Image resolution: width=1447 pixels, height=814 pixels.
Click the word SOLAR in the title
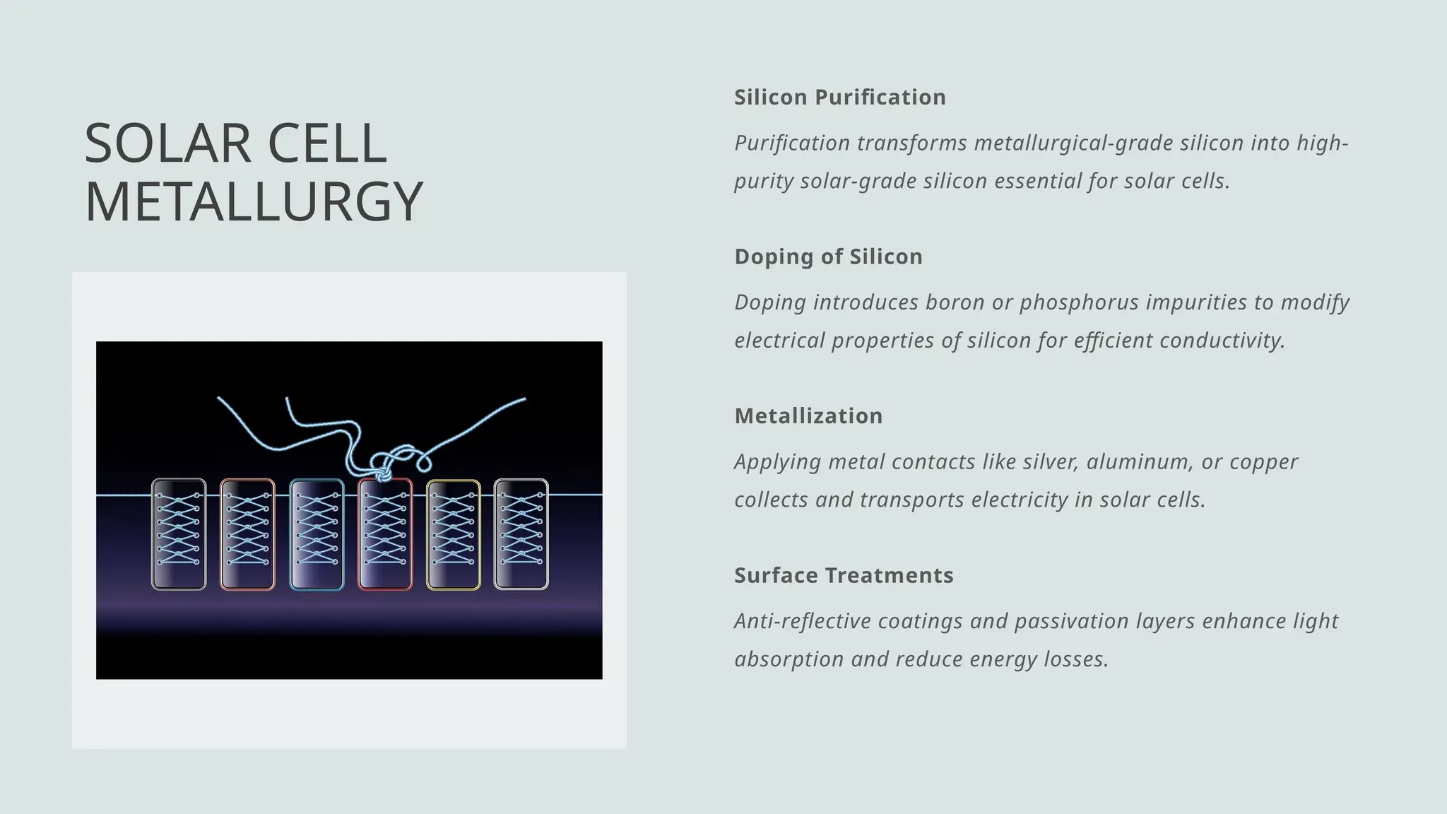click(x=167, y=144)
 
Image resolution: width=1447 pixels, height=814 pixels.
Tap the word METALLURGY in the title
click(x=253, y=202)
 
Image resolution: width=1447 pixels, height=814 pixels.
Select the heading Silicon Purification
click(x=839, y=97)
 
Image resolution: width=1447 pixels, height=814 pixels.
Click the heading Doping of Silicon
click(x=828, y=256)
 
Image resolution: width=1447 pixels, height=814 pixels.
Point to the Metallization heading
click(x=808, y=415)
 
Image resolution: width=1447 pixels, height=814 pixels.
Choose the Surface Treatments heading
click(x=844, y=575)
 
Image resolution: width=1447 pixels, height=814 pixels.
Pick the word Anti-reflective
click(x=803, y=621)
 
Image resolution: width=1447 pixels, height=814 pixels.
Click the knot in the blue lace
click(x=382, y=473)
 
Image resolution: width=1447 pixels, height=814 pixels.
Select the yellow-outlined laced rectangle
click(x=453, y=534)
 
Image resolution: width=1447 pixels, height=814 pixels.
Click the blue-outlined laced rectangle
click(x=317, y=534)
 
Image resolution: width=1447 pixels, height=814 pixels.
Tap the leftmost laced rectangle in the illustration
click(x=179, y=534)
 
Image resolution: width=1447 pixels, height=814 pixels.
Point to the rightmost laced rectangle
click(x=521, y=534)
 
